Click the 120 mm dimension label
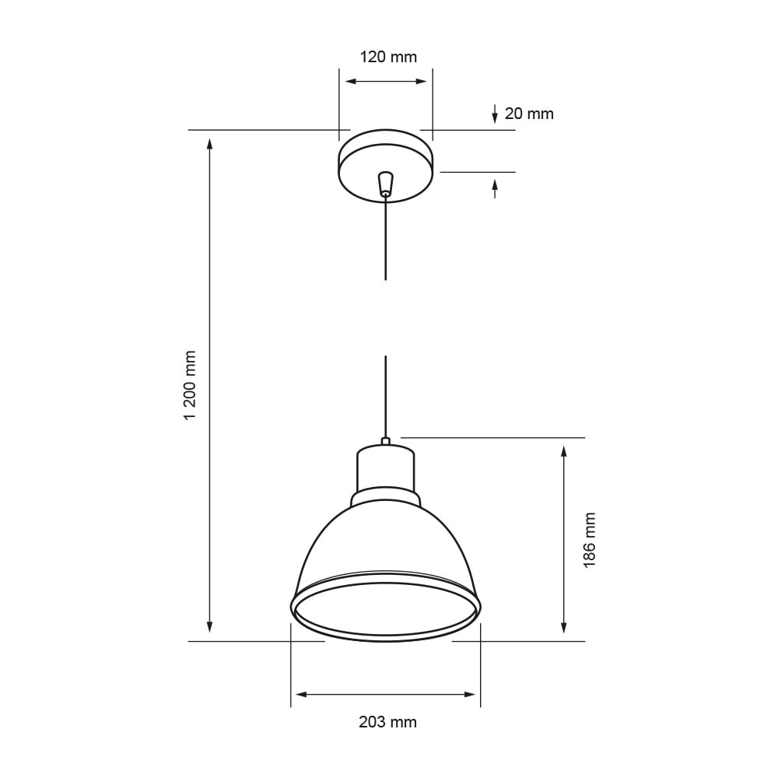click(x=388, y=57)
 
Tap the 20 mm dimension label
click(x=529, y=114)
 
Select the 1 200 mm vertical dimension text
click(x=190, y=386)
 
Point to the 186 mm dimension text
click(x=589, y=540)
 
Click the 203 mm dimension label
click(x=387, y=722)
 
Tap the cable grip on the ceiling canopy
click(x=385, y=184)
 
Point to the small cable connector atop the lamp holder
click(x=385, y=441)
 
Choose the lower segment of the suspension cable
click(x=385, y=397)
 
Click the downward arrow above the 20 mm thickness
click(x=495, y=115)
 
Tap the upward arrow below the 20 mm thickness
click(x=495, y=186)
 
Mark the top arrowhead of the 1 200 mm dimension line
click(x=209, y=143)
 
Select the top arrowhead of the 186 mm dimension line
click(x=564, y=451)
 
